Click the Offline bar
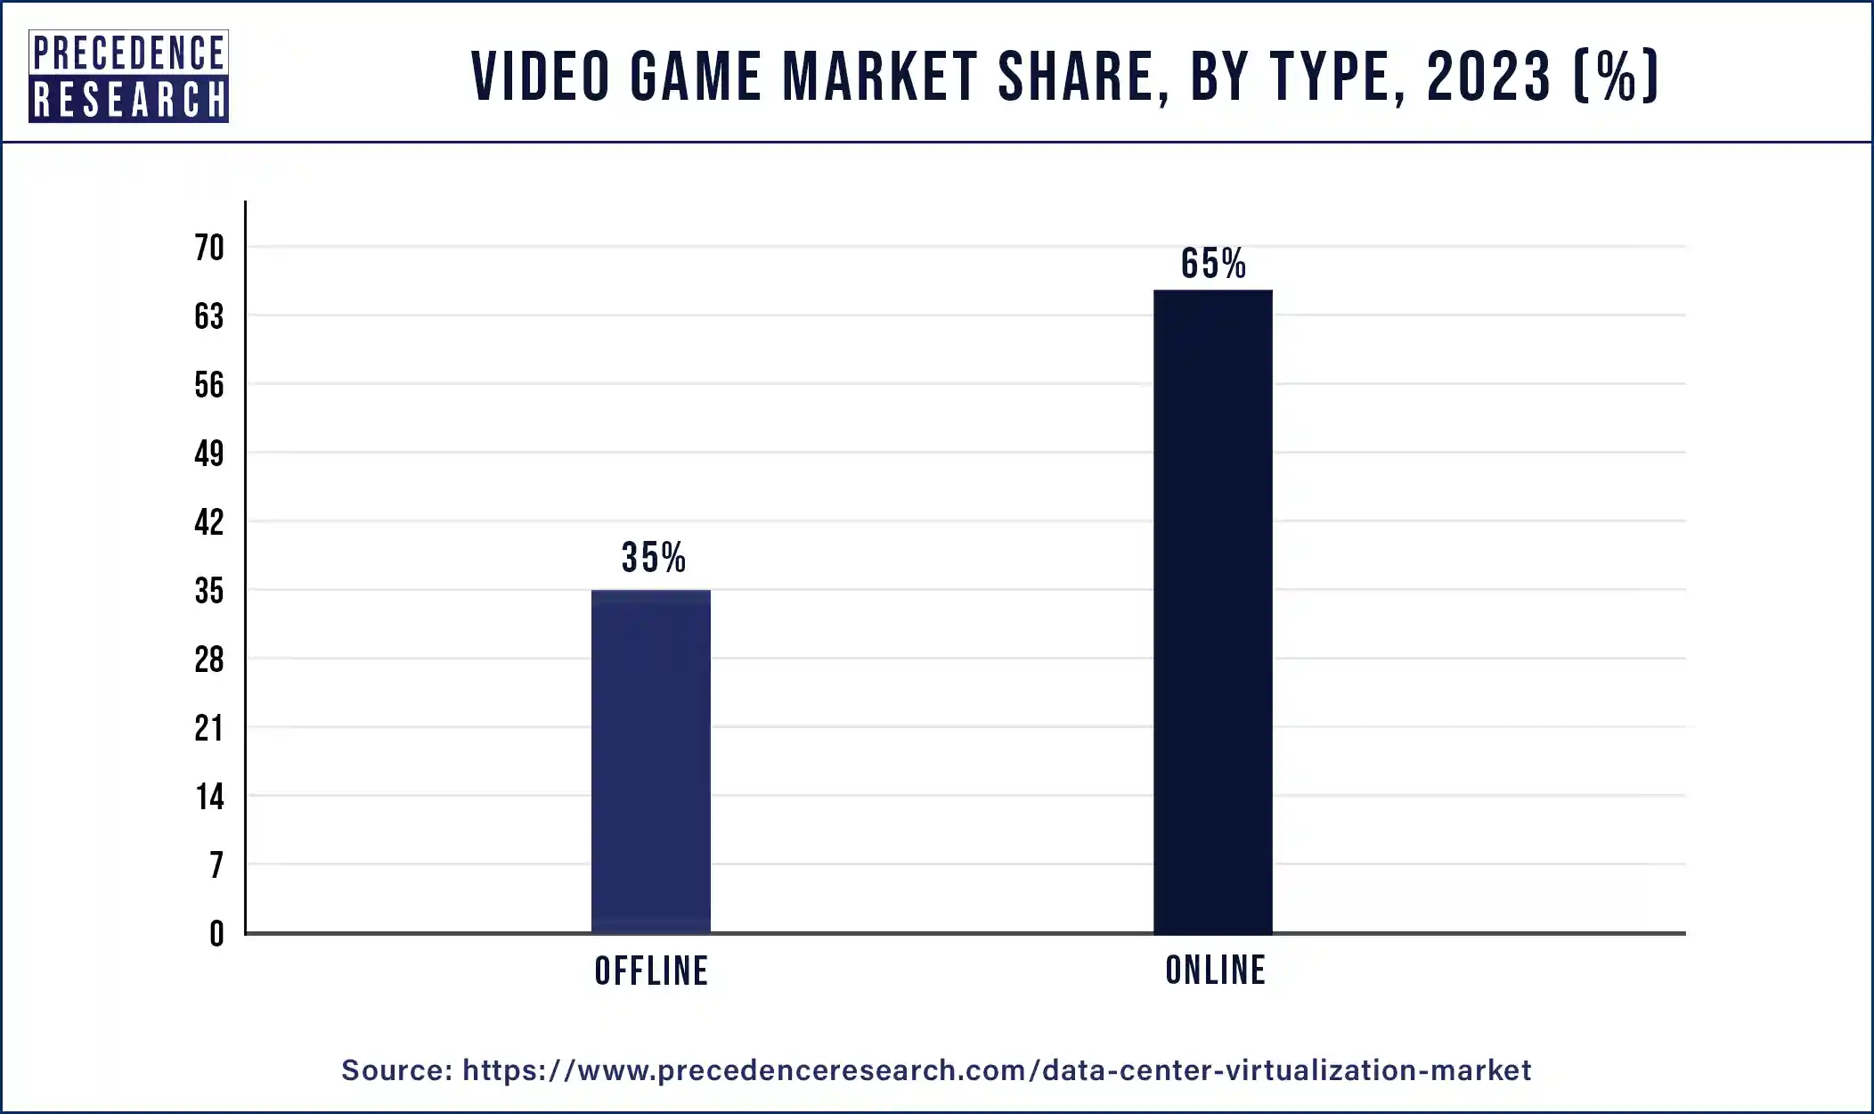[x=651, y=761]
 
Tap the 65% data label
[x=1213, y=264]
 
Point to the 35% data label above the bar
[x=653, y=558]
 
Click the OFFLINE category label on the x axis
[x=651, y=971]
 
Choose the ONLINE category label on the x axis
[x=1215, y=971]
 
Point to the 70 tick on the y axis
[x=209, y=248]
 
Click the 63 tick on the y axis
[x=209, y=316]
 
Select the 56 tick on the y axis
[x=209, y=385]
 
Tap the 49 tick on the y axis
[x=209, y=454]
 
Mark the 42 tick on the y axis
[x=209, y=522]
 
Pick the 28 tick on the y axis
[x=209, y=659]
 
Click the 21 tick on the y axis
[x=209, y=728]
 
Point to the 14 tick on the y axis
[x=210, y=797]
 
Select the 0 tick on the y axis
[x=216, y=934]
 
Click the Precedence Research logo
[x=128, y=76]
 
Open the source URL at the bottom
[x=997, y=1069]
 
